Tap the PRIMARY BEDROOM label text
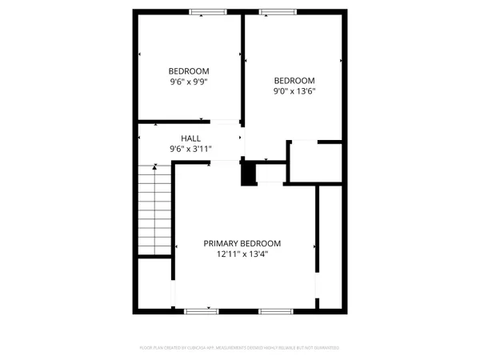coord(242,243)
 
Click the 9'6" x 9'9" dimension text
coord(189,81)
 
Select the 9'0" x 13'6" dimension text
coord(294,91)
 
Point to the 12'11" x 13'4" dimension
coord(242,254)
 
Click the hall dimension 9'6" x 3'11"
coord(190,149)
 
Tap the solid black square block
coord(250,174)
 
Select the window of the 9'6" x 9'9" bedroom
coord(206,12)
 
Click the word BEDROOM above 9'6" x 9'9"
coord(189,70)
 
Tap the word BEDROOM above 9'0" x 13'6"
coord(294,80)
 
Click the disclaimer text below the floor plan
coord(240,348)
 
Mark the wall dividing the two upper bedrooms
coord(243,68)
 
